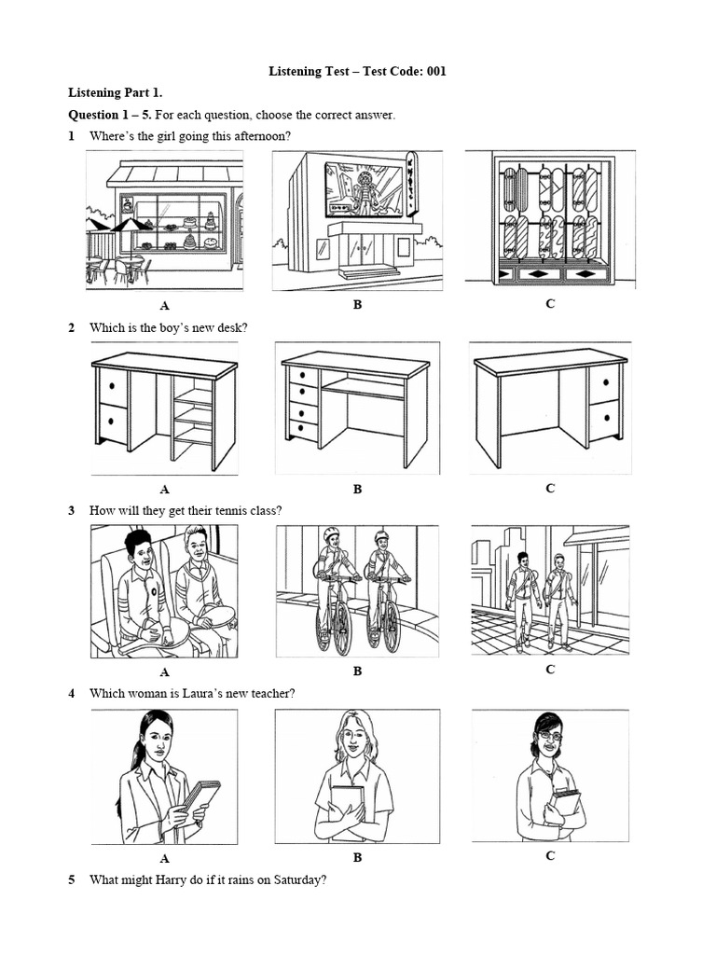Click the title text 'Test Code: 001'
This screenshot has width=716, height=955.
(x=395, y=71)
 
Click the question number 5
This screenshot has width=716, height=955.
(x=71, y=879)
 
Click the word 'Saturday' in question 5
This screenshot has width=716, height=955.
(x=300, y=879)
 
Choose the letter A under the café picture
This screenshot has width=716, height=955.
(x=164, y=305)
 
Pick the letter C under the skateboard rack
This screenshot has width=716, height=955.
(x=550, y=304)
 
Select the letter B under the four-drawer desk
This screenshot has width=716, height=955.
(x=357, y=489)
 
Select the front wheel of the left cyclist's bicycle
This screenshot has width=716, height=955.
(x=341, y=630)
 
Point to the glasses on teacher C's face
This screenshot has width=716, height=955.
(x=549, y=736)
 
